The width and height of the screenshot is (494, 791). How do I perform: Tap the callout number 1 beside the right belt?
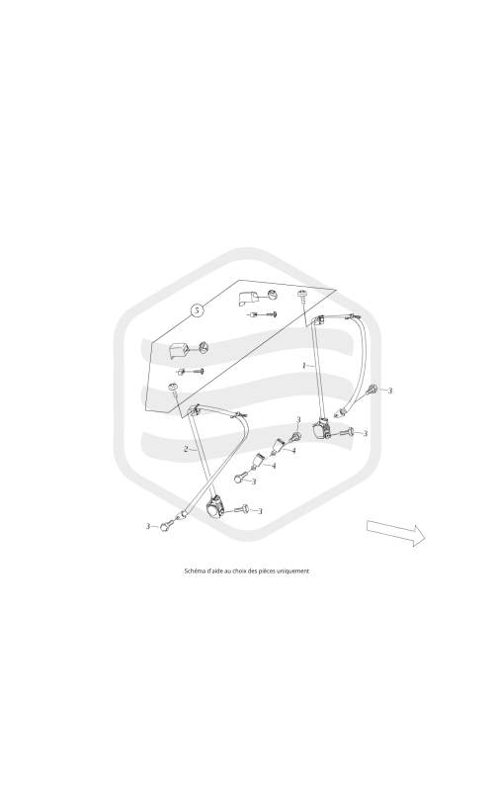(303, 365)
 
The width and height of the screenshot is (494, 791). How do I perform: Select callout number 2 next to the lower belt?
(186, 449)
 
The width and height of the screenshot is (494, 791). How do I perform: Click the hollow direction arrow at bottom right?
(396, 533)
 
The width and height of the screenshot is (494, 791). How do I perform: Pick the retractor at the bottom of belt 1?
(320, 430)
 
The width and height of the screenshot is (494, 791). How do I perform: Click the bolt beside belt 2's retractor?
(240, 510)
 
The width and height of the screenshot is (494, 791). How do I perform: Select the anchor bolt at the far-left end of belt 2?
(164, 527)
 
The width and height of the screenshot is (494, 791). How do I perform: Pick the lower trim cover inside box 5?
(179, 349)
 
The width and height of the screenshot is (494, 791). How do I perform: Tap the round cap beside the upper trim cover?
(272, 294)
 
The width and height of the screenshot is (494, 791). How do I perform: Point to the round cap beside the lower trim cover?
(203, 346)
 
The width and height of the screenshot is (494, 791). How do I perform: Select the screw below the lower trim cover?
(191, 372)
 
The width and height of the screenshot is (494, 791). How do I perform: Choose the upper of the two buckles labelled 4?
(279, 446)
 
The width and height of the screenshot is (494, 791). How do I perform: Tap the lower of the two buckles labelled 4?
(258, 461)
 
